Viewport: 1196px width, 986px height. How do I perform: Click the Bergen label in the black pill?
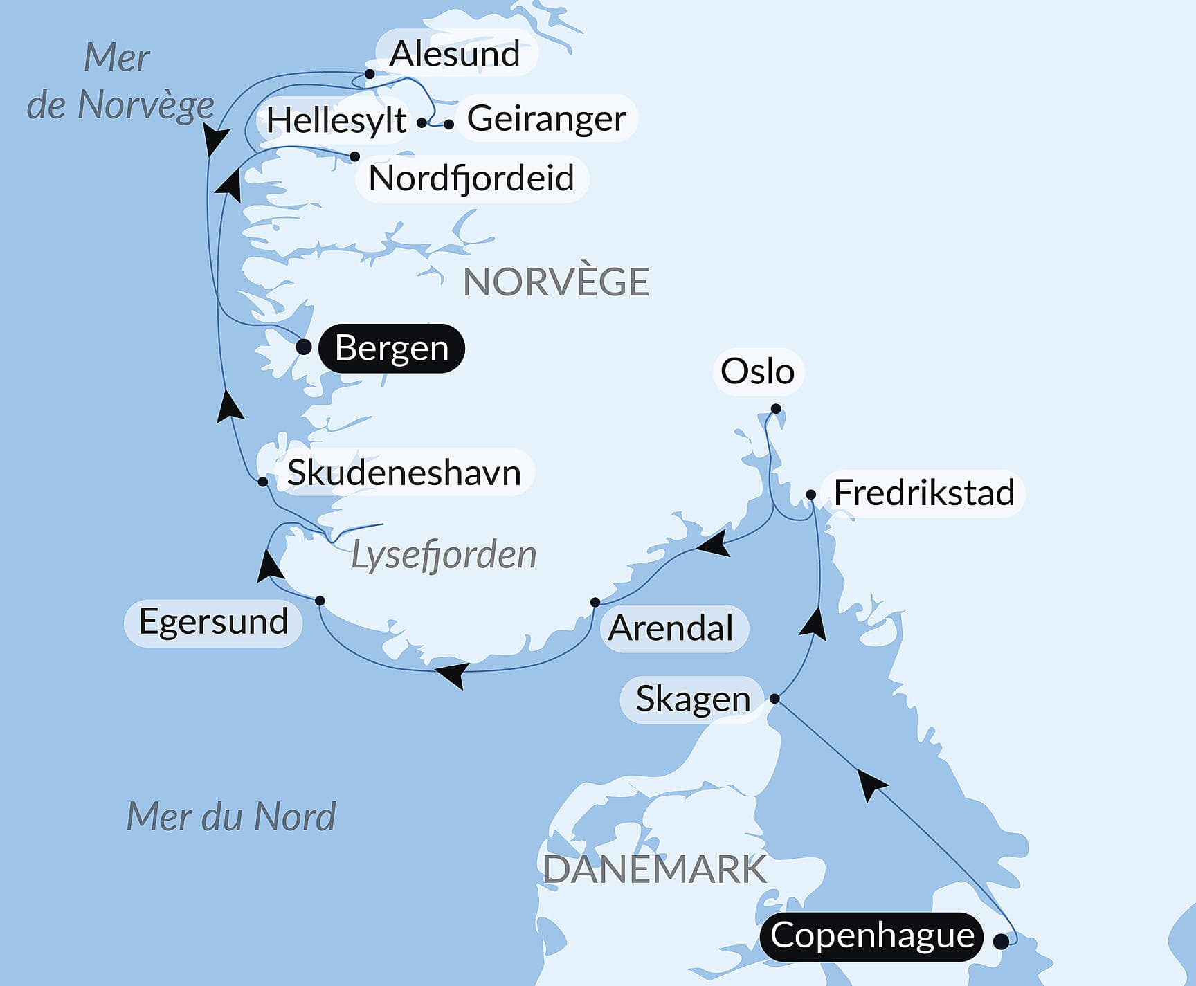391,348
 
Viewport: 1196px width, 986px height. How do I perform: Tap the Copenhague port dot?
1000,941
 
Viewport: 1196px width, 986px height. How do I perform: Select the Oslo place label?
757,372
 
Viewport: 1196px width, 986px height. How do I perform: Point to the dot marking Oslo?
776,409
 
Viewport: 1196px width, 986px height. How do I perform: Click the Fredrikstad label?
923,493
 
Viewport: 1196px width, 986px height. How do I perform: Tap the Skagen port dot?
774,699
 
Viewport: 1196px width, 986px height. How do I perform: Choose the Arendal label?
671,628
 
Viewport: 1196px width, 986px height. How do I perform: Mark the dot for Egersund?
320,600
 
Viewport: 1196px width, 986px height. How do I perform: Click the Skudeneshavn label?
404,473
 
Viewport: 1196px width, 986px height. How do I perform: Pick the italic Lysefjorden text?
444,555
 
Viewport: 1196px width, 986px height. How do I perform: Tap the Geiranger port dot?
449,125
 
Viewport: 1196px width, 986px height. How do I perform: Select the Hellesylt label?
336,121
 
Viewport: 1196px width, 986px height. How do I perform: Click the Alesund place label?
455,54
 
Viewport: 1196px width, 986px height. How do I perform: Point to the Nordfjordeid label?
471,179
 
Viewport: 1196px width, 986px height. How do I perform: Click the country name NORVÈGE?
556,282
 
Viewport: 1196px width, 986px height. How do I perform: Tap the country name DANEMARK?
654,870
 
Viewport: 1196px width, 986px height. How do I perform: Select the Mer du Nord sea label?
230,816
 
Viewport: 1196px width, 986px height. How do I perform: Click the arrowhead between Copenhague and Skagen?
872,784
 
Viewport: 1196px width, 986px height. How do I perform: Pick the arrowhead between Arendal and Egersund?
451,674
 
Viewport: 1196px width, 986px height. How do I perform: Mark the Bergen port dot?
303,347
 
